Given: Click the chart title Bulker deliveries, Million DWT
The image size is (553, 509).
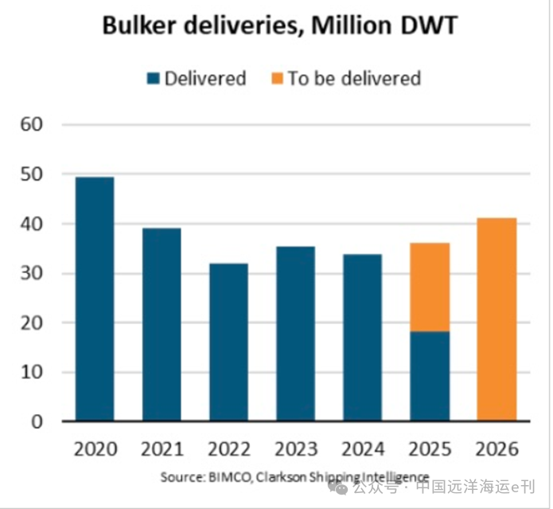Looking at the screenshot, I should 279,26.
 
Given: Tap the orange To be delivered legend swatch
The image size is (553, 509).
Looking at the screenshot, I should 276,79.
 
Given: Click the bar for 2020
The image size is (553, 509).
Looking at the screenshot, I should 95,300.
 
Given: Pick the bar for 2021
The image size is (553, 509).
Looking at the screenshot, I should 162,325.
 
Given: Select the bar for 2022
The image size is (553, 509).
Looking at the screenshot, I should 229,343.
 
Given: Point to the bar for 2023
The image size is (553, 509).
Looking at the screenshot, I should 296,334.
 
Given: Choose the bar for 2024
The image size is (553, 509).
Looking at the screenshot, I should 363,338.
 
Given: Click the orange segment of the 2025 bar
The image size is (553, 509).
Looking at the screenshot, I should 430,287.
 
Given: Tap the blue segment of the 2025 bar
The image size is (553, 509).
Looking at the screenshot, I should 430,376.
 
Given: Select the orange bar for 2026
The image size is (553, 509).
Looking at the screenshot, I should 497,319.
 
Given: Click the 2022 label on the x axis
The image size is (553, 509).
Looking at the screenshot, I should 229,448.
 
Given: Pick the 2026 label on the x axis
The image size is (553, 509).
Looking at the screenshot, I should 497,448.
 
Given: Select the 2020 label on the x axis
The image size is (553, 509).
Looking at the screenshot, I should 95,448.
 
